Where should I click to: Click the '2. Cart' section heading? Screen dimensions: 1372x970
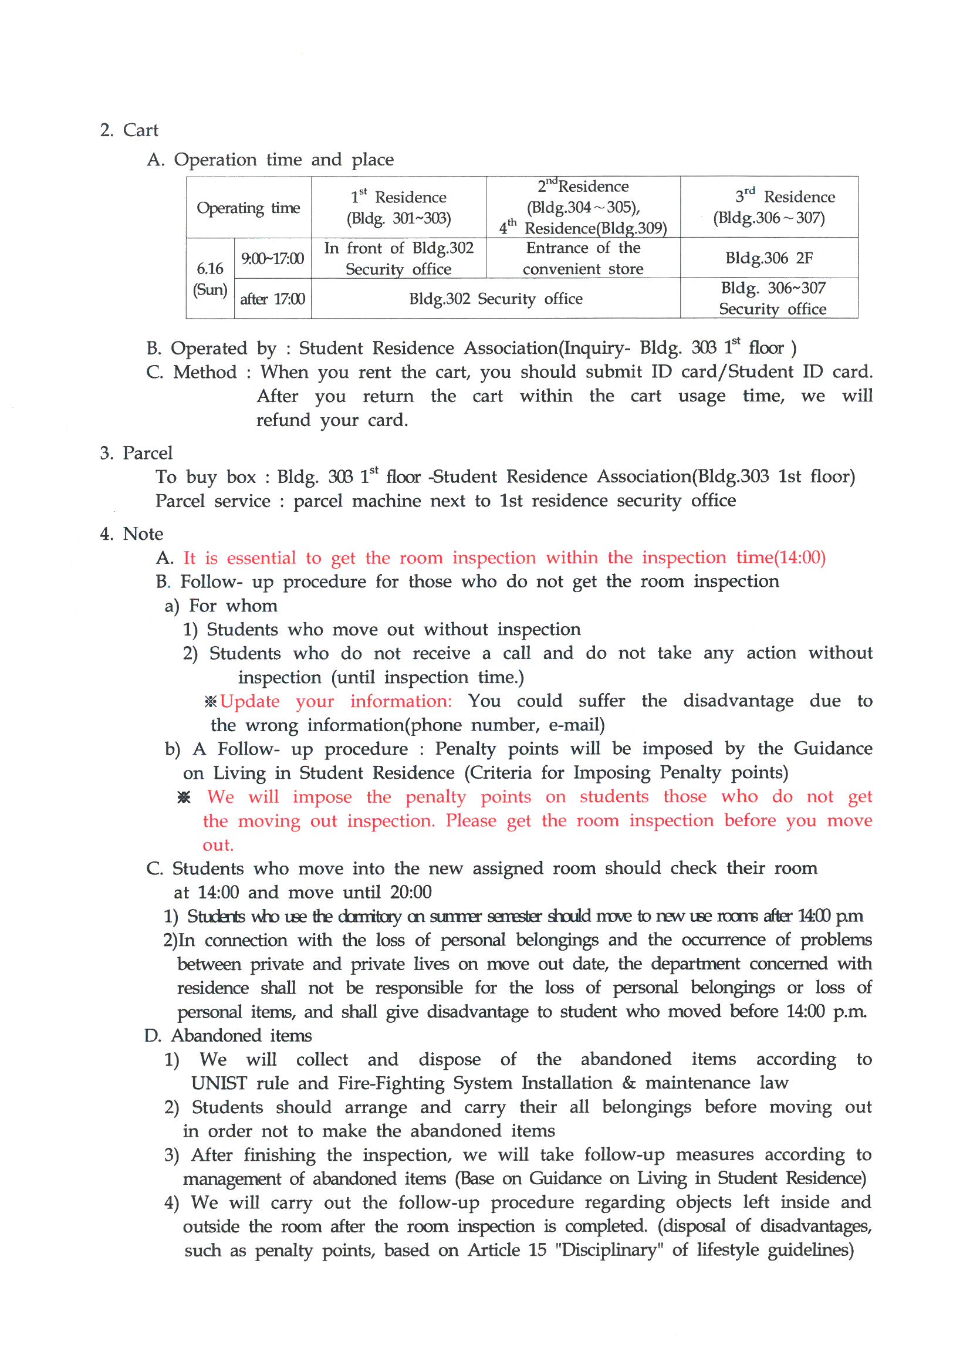click(129, 130)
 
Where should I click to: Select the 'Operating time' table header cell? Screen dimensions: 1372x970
click(248, 208)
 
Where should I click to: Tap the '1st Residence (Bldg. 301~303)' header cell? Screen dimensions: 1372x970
click(398, 207)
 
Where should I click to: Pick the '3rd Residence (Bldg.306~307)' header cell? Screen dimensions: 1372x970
click(769, 207)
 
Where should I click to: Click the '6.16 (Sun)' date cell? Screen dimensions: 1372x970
click(209, 279)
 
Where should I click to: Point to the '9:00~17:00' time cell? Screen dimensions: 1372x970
click(272, 259)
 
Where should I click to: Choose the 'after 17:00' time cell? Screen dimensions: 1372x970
click(272, 299)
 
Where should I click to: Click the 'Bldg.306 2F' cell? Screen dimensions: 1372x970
click(769, 258)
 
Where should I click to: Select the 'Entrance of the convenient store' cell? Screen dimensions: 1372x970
click(583, 258)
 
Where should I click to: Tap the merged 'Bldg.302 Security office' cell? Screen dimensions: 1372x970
click(495, 299)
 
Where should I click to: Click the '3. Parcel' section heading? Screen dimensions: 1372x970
click(136, 453)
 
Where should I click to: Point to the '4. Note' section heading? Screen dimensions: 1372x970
click(131, 533)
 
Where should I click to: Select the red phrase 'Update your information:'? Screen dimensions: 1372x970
click(336, 701)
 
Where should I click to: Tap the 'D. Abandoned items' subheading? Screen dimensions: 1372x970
click(228, 1036)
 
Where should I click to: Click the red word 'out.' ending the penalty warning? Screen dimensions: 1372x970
click(218, 845)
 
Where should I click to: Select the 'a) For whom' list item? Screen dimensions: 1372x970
click(221, 606)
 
